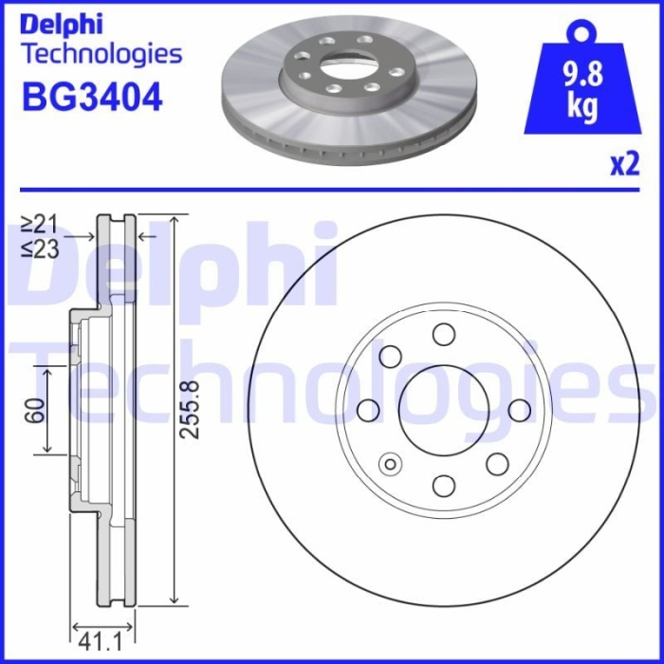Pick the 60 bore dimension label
pyautogui.click(x=37, y=410)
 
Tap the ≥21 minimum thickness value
pyautogui.click(x=40, y=224)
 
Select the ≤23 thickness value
pyautogui.click(x=40, y=249)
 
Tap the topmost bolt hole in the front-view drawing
pyautogui.click(x=443, y=333)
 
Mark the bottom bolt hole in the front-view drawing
pyautogui.click(x=443, y=485)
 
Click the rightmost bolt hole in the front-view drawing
pyautogui.click(x=519, y=409)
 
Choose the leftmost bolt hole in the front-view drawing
pyautogui.click(x=367, y=409)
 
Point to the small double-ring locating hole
pyautogui.click(x=389, y=463)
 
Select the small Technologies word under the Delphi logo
pyautogui.click(x=101, y=53)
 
